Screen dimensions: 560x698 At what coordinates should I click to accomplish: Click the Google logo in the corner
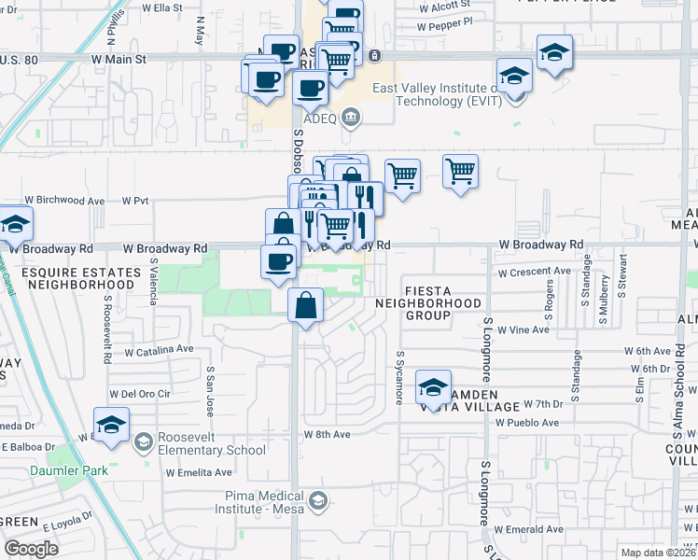coord(32,548)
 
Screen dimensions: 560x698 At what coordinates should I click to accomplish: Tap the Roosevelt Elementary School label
coord(198,442)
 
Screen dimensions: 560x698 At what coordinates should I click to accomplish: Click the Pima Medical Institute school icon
coord(318,503)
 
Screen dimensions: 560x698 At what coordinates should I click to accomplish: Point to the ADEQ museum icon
coord(352,117)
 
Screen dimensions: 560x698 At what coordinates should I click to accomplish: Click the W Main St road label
coord(120,59)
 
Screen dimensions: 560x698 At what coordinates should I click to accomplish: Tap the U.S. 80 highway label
coord(20,59)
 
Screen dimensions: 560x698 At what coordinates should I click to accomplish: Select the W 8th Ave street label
coord(327,435)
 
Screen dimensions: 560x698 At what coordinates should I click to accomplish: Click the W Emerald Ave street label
coord(529,529)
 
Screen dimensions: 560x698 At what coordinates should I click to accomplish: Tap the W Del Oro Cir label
coord(140,394)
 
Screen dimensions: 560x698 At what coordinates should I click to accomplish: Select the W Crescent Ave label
coord(534,273)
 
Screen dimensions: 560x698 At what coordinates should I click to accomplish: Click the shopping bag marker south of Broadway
coord(306,305)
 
